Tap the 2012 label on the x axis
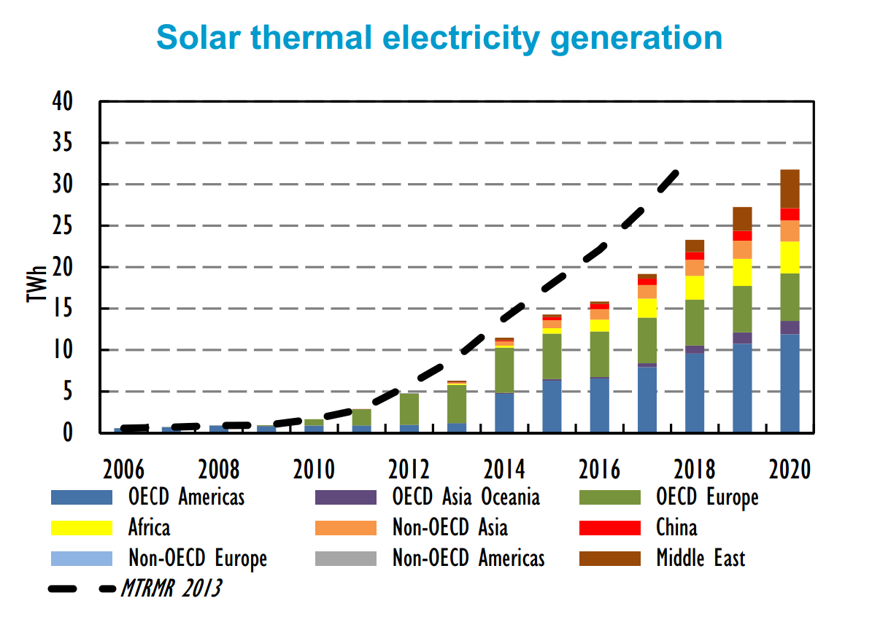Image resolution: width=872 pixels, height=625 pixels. tap(408, 469)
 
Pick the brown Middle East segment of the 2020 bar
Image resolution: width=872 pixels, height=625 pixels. tap(790, 188)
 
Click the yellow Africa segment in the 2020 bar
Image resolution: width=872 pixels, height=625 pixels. tap(790, 257)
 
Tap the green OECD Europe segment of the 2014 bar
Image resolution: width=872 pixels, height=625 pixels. tap(504, 370)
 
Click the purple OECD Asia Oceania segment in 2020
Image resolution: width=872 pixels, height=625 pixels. tap(790, 327)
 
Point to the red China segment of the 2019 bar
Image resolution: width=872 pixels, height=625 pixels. tap(742, 236)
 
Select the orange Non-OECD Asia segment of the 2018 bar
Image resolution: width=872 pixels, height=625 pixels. tap(695, 268)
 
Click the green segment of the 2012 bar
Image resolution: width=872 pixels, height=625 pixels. tap(409, 408)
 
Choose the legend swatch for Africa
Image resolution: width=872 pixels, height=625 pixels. tap(81, 527)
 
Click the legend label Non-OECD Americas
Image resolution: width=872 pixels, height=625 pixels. tap(468, 559)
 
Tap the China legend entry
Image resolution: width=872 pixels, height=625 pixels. tap(676, 527)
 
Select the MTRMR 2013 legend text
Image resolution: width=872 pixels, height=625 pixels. tap(171, 588)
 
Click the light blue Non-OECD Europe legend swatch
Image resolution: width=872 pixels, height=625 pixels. tap(81, 559)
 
